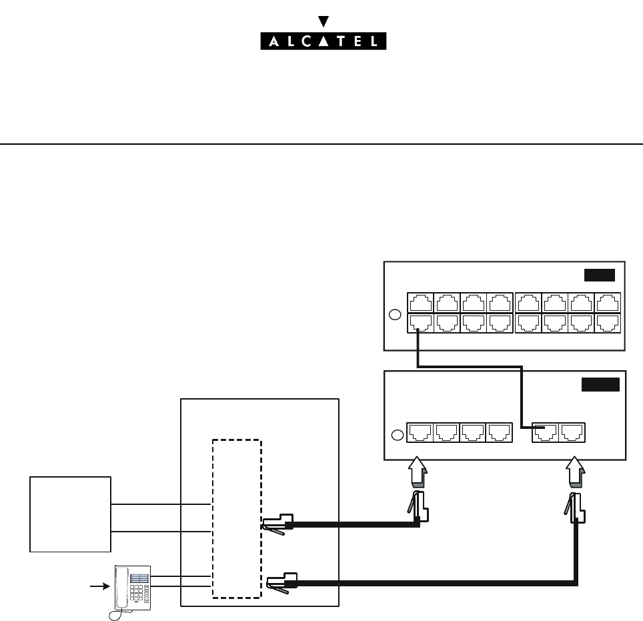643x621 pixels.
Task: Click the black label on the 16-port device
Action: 599,275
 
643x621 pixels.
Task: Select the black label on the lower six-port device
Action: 600,384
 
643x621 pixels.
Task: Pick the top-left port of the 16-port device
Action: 418,302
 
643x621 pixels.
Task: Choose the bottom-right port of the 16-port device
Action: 608,323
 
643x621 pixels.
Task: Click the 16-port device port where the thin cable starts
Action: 418,323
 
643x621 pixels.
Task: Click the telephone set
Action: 132,587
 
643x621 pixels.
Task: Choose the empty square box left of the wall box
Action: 70,514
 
